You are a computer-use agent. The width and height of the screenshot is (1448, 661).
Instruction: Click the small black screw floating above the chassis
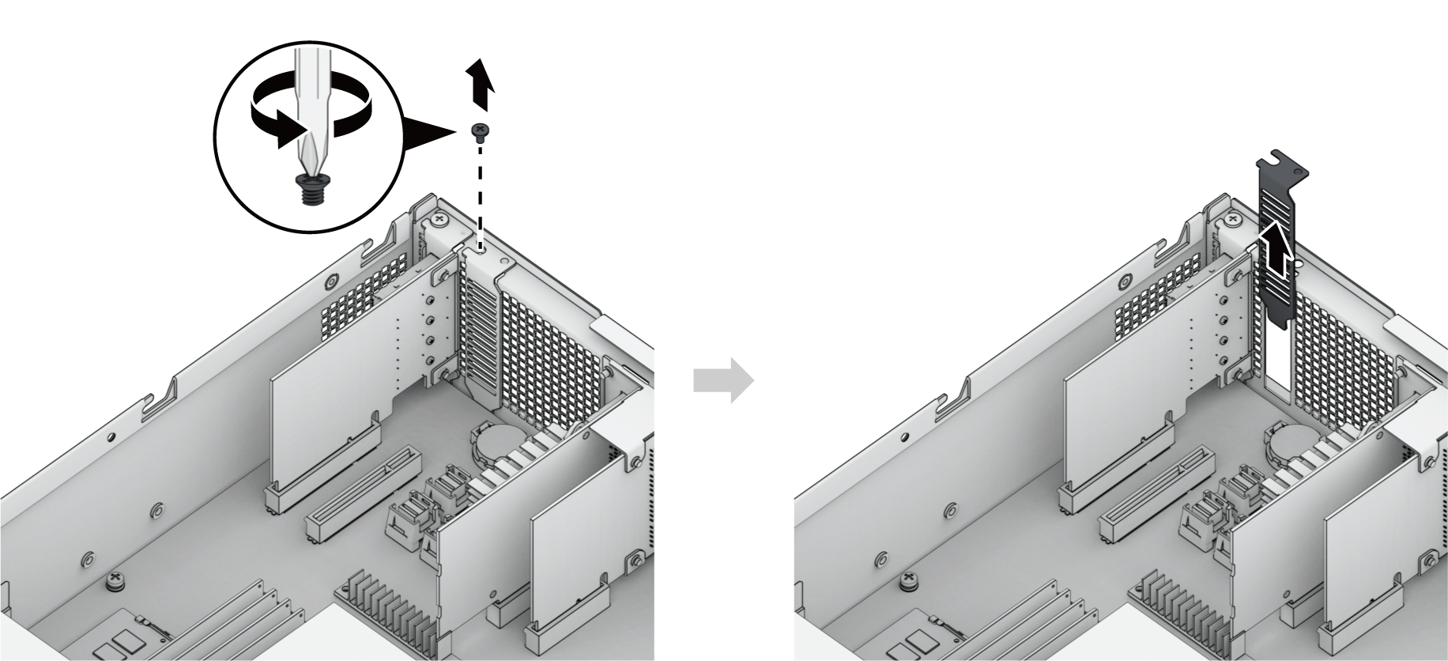(x=478, y=130)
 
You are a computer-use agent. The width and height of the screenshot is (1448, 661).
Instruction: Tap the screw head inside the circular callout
(x=311, y=190)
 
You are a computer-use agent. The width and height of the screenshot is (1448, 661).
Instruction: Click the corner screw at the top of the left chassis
(x=439, y=218)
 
